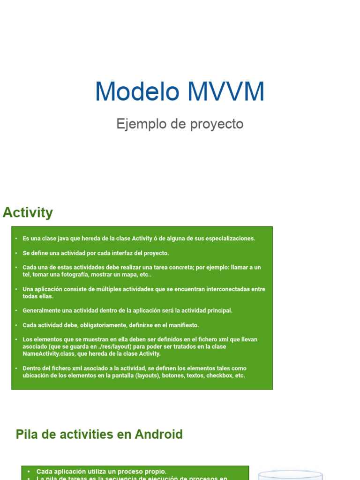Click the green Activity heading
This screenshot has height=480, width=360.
click(28, 212)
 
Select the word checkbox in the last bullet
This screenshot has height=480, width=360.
click(219, 375)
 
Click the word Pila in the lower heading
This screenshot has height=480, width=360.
click(26, 434)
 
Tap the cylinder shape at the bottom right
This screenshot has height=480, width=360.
click(291, 474)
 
